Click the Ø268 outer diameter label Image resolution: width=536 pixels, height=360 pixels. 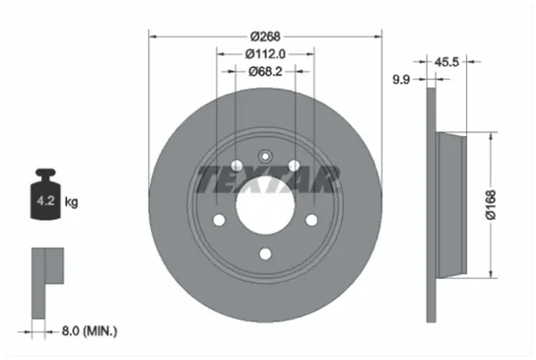(265, 37)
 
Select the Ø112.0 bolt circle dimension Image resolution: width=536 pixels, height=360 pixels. (265, 54)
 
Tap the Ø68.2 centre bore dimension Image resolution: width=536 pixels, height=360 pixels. (265, 71)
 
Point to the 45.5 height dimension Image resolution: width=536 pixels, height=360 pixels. (447, 62)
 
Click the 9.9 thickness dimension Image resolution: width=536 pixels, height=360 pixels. (401, 80)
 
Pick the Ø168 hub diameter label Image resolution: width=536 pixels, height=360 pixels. (490, 205)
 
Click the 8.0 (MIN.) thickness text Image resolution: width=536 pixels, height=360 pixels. (89, 331)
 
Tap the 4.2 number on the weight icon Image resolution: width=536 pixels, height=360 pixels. (46, 201)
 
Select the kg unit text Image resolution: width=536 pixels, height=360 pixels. (71, 202)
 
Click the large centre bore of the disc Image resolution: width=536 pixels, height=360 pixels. (265, 205)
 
